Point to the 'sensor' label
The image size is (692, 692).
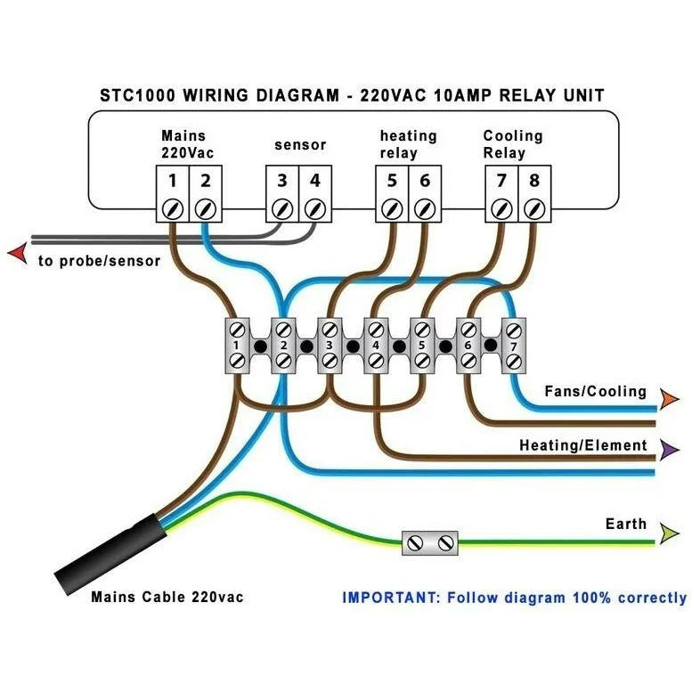[300, 144]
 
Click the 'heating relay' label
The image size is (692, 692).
[408, 144]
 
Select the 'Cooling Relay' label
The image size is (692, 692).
[513, 144]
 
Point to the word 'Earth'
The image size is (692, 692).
[625, 524]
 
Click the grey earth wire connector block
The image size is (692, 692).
[429, 542]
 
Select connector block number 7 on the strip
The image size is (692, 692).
[514, 345]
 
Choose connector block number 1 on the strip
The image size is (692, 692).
[238, 345]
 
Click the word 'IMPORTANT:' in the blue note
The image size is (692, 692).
[388, 598]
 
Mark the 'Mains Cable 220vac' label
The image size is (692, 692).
[167, 597]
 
